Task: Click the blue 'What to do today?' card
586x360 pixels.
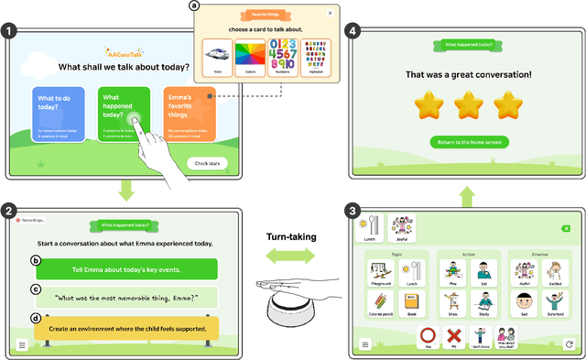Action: pyautogui.click(x=59, y=114)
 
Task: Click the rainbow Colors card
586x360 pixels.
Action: pyautogui.click(x=251, y=58)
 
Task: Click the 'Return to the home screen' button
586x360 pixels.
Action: pyautogui.click(x=469, y=142)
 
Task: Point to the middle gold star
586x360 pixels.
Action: pyautogui.click(x=469, y=105)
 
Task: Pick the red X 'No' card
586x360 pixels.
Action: pyautogui.click(x=452, y=337)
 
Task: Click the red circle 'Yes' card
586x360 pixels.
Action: pyautogui.click(x=428, y=337)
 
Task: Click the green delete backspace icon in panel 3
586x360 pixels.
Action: pyautogui.click(x=566, y=228)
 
